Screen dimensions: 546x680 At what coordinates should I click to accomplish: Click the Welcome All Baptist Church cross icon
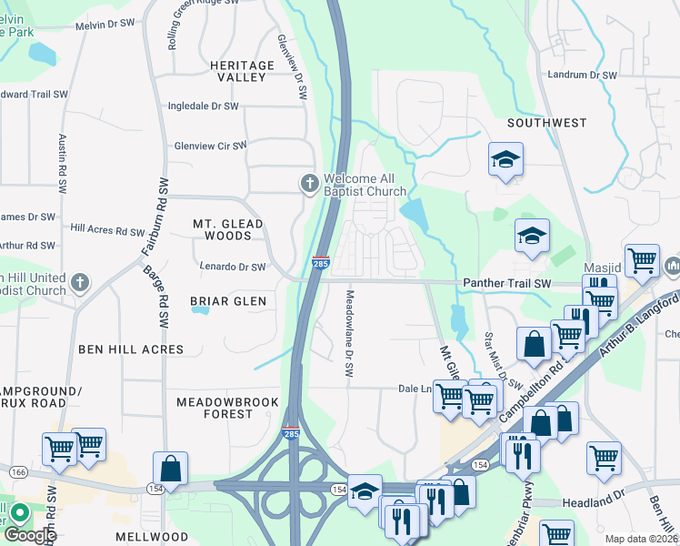[309, 184]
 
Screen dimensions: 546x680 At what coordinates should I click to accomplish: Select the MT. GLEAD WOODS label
[228, 229]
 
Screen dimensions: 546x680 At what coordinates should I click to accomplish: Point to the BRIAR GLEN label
[228, 301]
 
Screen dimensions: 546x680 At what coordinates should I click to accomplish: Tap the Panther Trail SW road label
[507, 284]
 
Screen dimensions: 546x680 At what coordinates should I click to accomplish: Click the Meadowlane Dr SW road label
[347, 333]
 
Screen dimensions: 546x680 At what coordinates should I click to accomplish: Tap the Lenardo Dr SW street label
[232, 267]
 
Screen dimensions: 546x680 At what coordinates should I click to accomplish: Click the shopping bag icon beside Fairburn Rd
[170, 469]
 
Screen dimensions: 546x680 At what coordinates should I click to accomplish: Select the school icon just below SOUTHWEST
[505, 161]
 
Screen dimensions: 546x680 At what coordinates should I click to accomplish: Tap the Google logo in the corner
[29, 534]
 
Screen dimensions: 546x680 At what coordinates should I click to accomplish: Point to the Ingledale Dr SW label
[203, 106]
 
